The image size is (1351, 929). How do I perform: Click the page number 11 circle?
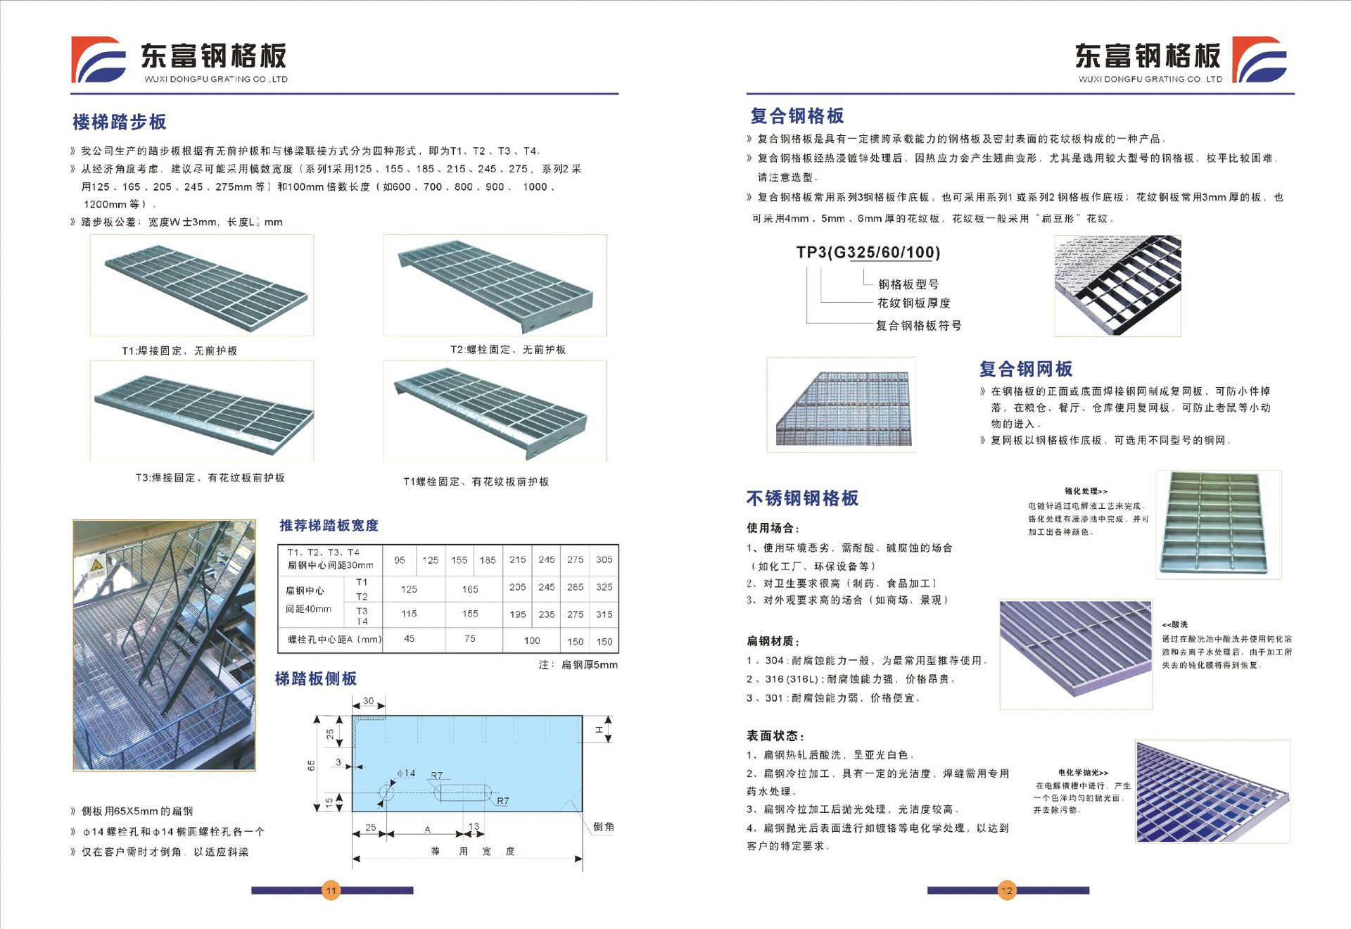(331, 890)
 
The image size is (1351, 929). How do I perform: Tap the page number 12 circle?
(1007, 890)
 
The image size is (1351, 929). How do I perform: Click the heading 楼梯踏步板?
(120, 122)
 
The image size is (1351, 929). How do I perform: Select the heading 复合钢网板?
(1026, 369)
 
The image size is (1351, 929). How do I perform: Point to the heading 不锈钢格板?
(802, 498)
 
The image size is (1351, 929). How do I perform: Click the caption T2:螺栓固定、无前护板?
(508, 350)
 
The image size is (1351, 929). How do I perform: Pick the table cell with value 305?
(604, 560)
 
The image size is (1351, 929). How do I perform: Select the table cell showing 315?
(604, 614)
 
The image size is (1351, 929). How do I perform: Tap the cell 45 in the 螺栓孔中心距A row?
(409, 639)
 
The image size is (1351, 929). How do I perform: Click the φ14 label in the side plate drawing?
(406, 773)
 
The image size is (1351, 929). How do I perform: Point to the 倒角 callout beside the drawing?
(603, 827)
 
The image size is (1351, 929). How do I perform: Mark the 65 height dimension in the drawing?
(311, 765)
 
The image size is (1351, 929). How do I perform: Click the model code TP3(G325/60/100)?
(868, 253)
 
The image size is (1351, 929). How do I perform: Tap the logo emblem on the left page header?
(99, 60)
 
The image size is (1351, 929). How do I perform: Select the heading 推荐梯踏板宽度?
(329, 526)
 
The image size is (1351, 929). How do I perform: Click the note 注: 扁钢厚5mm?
(578, 664)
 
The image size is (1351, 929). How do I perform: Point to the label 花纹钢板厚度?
(913, 303)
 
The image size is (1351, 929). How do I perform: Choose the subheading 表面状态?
(775, 735)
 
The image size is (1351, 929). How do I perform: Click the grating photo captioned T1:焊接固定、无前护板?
(202, 285)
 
